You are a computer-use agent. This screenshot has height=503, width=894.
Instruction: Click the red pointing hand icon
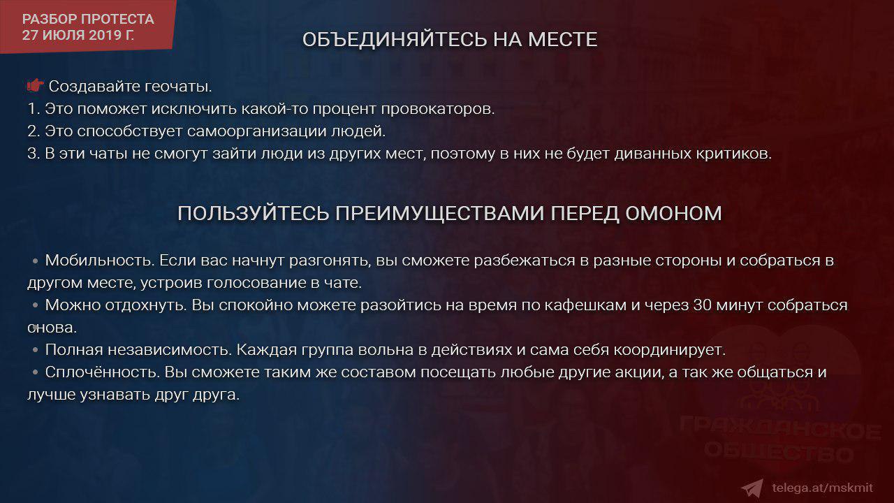(x=35, y=85)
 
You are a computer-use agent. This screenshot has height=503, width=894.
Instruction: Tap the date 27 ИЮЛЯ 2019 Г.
(x=78, y=35)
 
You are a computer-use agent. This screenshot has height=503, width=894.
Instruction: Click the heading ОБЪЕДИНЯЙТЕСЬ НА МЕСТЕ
(x=450, y=40)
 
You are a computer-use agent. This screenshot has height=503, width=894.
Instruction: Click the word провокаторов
(x=438, y=109)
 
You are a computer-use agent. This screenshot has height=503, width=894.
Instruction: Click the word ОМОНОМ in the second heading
(x=673, y=214)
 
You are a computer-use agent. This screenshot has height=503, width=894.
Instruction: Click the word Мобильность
(x=100, y=261)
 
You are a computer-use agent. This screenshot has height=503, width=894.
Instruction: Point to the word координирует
(x=669, y=350)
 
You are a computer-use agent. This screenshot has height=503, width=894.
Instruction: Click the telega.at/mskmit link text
(x=823, y=488)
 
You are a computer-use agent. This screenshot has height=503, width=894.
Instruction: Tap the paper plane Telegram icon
(x=752, y=488)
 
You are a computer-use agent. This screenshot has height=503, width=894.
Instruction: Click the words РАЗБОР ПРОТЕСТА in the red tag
(x=88, y=19)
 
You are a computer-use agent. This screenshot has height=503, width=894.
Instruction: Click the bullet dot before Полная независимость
(x=36, y=350)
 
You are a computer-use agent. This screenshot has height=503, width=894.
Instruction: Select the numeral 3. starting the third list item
(x=34, y=154)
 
